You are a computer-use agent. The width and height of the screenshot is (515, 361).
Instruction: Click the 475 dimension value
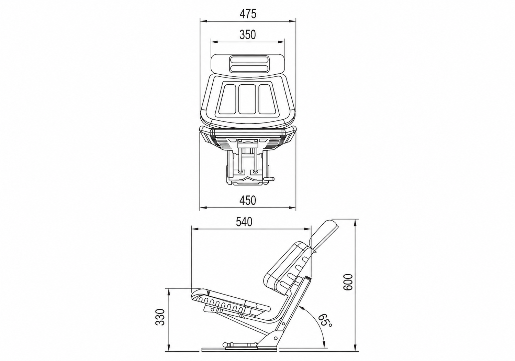[x=248, y=14]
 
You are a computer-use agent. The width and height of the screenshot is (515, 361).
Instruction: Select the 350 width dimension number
[x=248, y=35]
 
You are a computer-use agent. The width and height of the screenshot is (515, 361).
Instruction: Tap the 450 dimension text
[x=248, y=201]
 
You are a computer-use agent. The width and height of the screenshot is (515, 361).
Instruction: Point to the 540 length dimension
[x=244, y=222]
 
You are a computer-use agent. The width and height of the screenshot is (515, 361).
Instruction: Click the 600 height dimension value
[x=348, y=282]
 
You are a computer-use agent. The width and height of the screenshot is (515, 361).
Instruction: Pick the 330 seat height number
[x=160, y=317]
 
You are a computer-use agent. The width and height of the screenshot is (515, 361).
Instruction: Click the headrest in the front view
[x=248, y=65]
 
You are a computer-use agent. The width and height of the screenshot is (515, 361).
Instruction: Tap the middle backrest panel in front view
[x=247, y=99]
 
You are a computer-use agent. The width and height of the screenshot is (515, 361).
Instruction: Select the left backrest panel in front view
[x=228, y=99]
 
